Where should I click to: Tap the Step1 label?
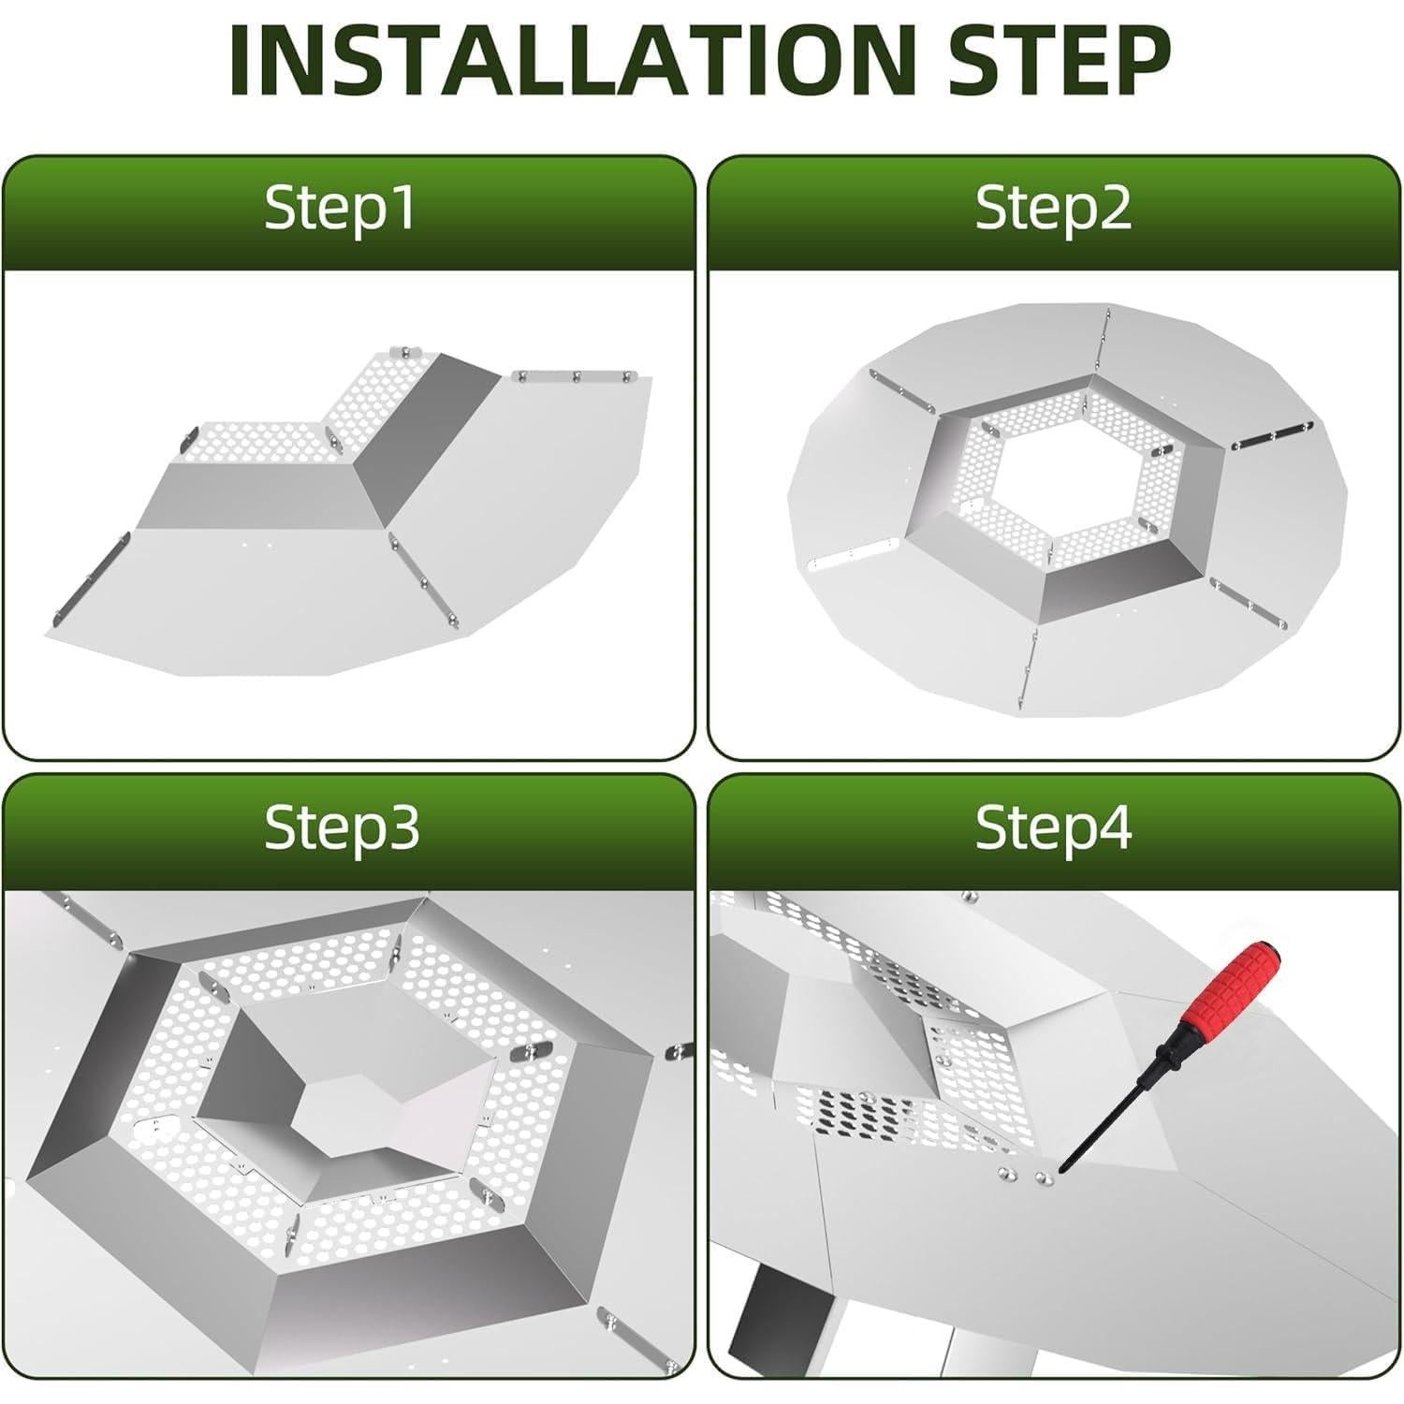pyautogui.click(x=340, y=208)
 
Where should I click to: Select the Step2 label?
pyautogui.click(x=1053, y=208)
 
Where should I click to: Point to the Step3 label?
pyautogui.click(x=342, y=827)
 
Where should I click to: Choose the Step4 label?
pyautogui.click(x=1053, y=827)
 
